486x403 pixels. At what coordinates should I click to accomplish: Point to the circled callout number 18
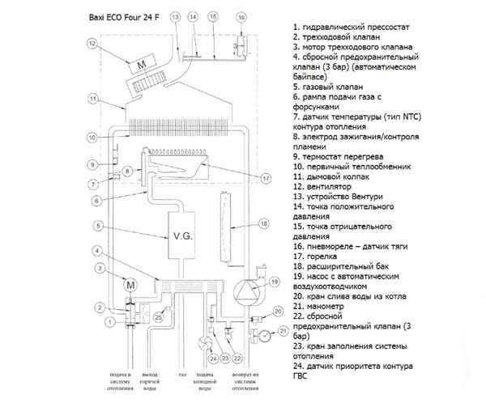pos(262,222)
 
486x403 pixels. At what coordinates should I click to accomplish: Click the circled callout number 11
pos(94,99)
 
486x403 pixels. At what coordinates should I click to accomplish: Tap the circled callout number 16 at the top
pos(241,16)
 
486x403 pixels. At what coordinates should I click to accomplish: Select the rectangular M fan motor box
pos(143,64)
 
